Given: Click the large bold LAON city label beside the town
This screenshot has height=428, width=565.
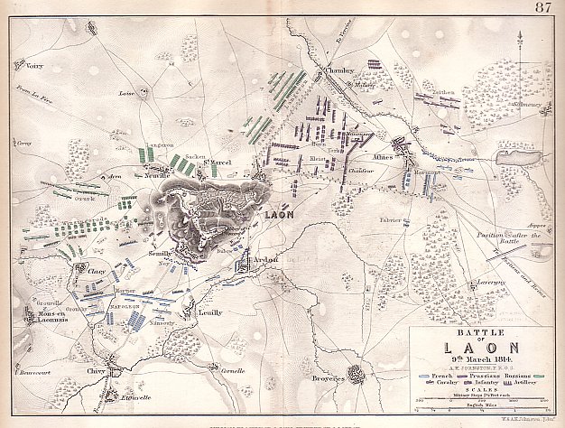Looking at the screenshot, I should tap(282, 217).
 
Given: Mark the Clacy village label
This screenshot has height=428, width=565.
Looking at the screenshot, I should tap(97, 269).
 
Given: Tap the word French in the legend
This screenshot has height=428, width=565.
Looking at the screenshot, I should tap(440, 371).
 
